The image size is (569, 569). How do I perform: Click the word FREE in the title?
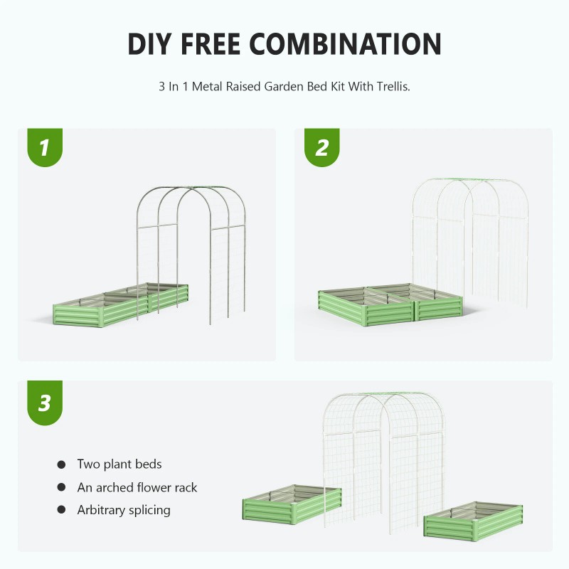tap(217, 44)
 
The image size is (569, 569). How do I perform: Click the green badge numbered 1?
tap(44, 148)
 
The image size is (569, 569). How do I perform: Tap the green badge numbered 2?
tap(321, 148)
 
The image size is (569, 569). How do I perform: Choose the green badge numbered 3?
tap(44, 403)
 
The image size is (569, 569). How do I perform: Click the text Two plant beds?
tap(119, 464)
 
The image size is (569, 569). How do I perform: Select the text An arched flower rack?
tap(137, 487)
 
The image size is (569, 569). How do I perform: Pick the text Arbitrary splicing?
tap(124, 510)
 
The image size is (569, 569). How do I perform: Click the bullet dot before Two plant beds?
tap(61, 465)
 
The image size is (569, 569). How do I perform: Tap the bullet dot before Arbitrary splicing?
tap(61, 511)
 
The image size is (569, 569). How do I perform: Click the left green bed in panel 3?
tap(282, 507)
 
